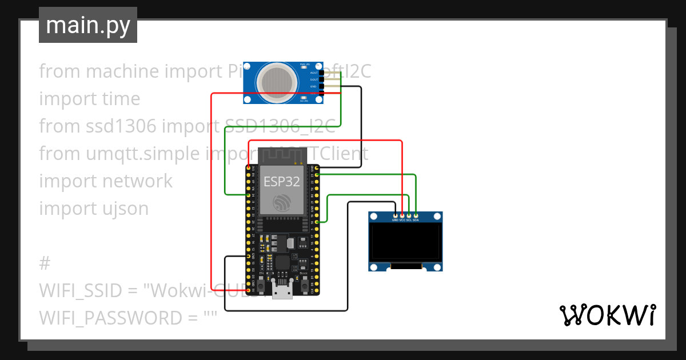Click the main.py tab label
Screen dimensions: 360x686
click(x=87, y=25)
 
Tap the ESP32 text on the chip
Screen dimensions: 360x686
click(x=281, y=181)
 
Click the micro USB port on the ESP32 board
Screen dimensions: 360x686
click(x=282, y=293)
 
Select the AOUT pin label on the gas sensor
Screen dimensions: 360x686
click(x=313, y=73)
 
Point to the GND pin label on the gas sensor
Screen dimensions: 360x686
click(x=313, y=86)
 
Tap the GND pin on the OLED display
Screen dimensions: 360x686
click(x=395, y=215)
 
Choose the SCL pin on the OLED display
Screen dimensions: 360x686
click(x=409, y=215)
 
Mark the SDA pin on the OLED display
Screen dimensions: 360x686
click(x=416, y=215)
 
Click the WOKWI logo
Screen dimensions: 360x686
click(x=607, y=315)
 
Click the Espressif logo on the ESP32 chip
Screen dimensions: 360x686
click(x=281, y=202)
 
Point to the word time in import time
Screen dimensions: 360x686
click(x=121, y=99)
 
